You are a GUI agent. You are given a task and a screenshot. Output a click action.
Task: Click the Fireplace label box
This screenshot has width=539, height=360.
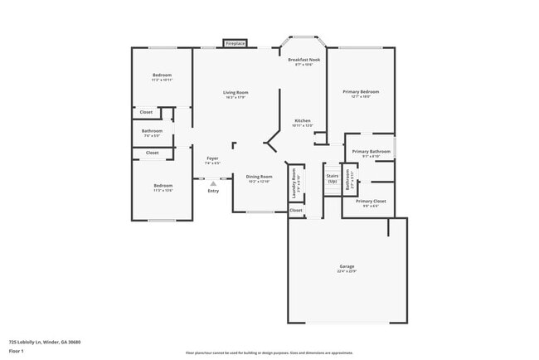[x=236, y=42]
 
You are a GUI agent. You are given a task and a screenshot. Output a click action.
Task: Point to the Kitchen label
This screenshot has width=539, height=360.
[x=303, y=122]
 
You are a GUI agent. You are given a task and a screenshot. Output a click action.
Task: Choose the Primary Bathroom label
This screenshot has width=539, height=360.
[x=370, y=153]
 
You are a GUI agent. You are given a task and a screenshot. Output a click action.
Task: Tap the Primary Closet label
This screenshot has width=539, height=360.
[x=370, y=202]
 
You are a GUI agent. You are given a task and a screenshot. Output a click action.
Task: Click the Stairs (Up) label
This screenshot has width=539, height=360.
[x=333, y=178]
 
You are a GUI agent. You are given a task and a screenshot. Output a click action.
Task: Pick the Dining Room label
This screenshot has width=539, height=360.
[x=259, y=178]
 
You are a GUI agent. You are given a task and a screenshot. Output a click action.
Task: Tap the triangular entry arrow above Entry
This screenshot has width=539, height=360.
[x=213, y=184]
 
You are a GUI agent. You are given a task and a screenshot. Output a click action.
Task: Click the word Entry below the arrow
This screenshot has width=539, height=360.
[x=213, y=192]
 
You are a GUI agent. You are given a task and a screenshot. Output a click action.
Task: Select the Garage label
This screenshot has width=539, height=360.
[x=346, y=268]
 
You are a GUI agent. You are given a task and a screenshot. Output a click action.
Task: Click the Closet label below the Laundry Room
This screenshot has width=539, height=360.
[x=296, y=210]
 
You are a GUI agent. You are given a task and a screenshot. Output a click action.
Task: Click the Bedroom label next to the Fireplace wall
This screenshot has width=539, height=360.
[x=162, y=77]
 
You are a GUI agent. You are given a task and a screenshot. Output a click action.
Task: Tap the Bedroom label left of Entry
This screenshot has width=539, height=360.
[x=163, y=187]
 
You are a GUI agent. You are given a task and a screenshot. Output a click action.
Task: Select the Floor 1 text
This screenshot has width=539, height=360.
[x=17, y=351]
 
